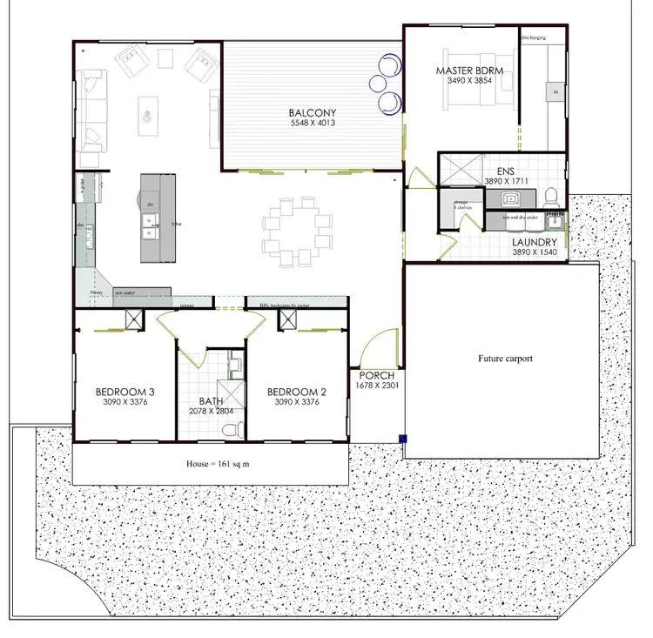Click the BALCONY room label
313,112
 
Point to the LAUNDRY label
535,242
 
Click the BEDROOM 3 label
125,391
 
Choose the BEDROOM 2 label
297,391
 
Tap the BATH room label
212,400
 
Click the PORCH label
376,374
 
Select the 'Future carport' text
505,358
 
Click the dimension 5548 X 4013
313,124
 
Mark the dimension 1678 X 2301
377,385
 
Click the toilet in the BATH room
230,428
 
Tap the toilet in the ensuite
550,195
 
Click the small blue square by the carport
403,438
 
